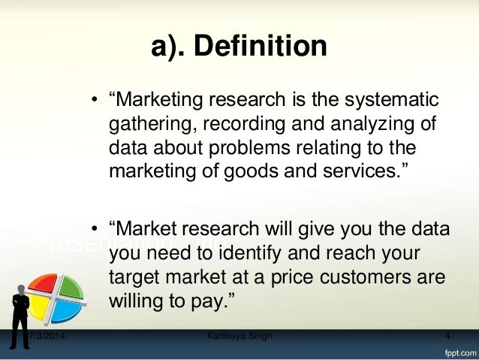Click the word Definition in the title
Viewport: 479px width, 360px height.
pyautogui.click(x=260, y=47)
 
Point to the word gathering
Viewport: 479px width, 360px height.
pyautogui.click(x=146, y=123)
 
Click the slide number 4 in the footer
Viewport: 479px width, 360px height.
pyautogui.click(x=447, y=335)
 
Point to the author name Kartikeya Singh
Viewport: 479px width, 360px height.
pyautogui.click(x=239, y=335)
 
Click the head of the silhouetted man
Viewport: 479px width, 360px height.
pyautogui.click(x=20, y=289)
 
